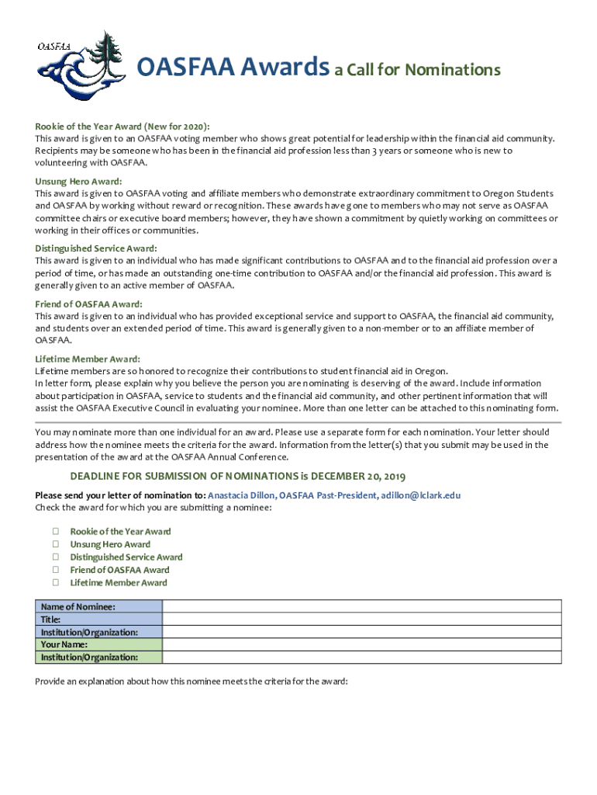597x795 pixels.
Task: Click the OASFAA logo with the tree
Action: coord(81,67)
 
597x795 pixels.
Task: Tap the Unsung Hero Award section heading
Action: coord(78,181)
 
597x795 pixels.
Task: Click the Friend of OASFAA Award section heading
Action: coord(88,304)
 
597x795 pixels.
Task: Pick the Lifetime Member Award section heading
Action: coord(88,359)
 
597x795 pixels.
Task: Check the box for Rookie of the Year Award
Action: coord(56,532)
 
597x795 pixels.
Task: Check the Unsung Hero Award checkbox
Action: coord(56,544)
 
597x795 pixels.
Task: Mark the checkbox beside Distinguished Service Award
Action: coord(56,557)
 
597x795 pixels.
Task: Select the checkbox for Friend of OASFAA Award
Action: coord(56,570)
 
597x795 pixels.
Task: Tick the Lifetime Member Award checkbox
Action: coord(56,582)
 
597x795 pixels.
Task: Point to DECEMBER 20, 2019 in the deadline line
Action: coord(355,476)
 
